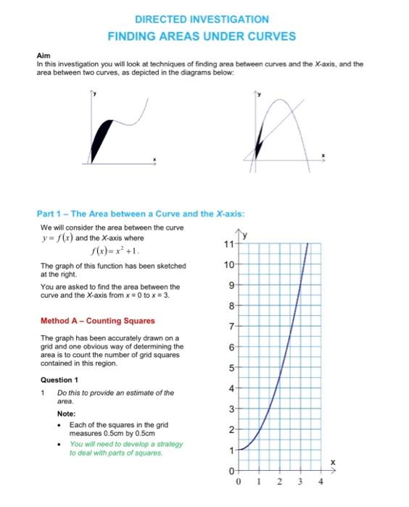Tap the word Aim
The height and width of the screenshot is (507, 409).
point(42,56)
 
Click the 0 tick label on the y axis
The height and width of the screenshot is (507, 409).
point(232,472)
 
